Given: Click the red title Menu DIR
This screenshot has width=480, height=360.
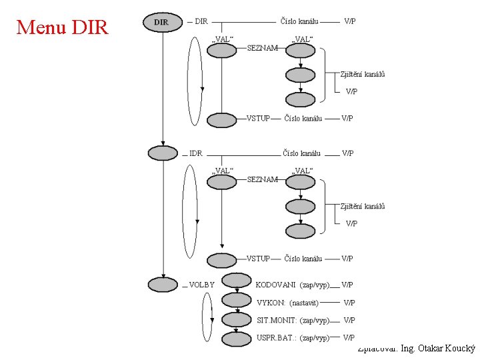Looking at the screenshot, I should click(61, 27).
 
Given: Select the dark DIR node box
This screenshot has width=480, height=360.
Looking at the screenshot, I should click(161, 22).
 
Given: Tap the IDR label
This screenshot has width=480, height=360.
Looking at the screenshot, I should click(195, 153).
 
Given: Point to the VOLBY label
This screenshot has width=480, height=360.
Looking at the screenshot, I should click(201, 285).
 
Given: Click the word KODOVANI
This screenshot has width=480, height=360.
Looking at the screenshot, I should click(275, 285).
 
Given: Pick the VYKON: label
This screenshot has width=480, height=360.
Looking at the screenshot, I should click(271, 303).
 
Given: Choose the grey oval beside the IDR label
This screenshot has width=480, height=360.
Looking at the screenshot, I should click(163, 153).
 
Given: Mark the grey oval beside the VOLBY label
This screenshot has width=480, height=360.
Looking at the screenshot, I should click(163, 285).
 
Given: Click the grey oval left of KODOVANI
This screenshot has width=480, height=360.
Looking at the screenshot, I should click(236, 280).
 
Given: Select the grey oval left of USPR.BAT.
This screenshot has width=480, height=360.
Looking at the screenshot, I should click(236, 337).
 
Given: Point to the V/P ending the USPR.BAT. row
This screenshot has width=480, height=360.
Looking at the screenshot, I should click(348, 338).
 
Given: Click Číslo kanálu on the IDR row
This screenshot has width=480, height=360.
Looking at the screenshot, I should click(301, 153).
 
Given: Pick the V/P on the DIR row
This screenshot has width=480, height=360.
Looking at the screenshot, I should click(349, 21).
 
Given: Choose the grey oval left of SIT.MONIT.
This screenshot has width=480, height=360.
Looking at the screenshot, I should click(236, 319).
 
